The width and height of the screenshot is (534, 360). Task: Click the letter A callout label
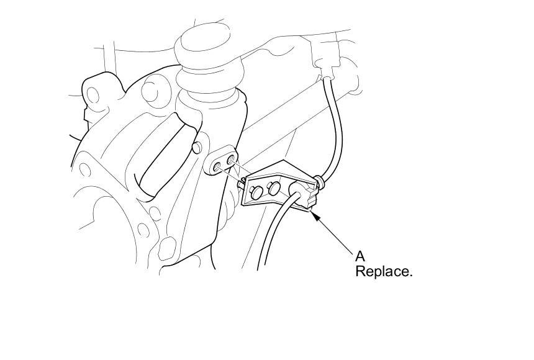pyautogui.click(x=360, y=255)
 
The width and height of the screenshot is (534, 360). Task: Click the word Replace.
pyautogui.click(x=383, y=271)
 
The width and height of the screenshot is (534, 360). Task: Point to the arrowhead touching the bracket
pyautogui.click(x=315, y=214)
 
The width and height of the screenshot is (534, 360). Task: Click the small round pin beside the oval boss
pyautogui.click(x=197, y=147)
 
